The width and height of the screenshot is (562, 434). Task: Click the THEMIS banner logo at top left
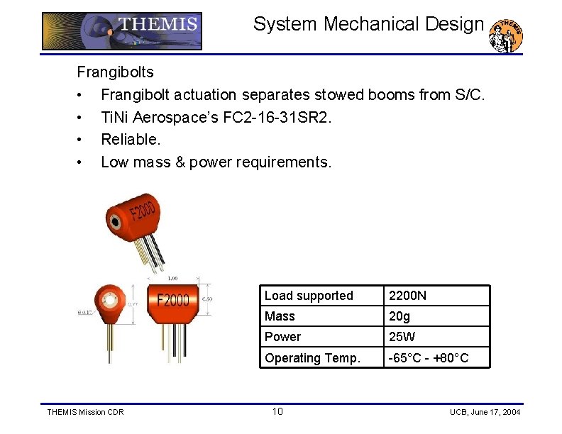tap(122, 31)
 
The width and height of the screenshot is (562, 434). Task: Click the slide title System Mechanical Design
tap(368, 24)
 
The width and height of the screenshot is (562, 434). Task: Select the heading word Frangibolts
tap(115, 72)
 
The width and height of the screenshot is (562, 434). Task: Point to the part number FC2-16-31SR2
tap(276, 117)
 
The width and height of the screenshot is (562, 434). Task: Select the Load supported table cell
tap(309, 296)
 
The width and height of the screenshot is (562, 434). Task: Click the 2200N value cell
tap(407, 296)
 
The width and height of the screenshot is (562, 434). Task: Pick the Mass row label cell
tap(280, 316)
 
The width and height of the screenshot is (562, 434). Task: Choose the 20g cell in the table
tap(400, 316)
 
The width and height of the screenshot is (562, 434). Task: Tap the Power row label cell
tap(282, 337)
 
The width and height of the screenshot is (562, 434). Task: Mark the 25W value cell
tap(402, 337)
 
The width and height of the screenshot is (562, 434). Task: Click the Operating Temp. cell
tap(312, 358)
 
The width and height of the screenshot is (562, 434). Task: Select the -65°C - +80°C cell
tap(428, 358)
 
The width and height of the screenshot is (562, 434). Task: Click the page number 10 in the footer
tap(277, 412)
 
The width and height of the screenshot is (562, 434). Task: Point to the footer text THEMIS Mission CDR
tap(84, 412)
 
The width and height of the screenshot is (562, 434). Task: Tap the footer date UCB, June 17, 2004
tap(485, 412)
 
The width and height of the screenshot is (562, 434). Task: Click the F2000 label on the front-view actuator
tap(173, 300)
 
